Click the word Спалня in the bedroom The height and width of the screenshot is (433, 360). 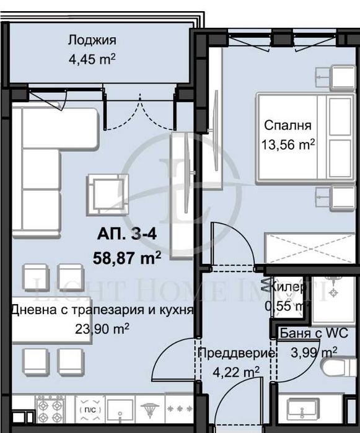[x=288, y=126]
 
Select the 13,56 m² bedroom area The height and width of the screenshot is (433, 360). [x=288, y=145]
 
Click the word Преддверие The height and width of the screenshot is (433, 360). [x=236, y=354]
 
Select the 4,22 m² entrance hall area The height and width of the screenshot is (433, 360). [x=236, y=372]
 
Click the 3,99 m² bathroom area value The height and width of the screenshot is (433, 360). [x=315, y=352]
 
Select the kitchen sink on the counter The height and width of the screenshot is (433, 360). [x=120, y=409]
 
